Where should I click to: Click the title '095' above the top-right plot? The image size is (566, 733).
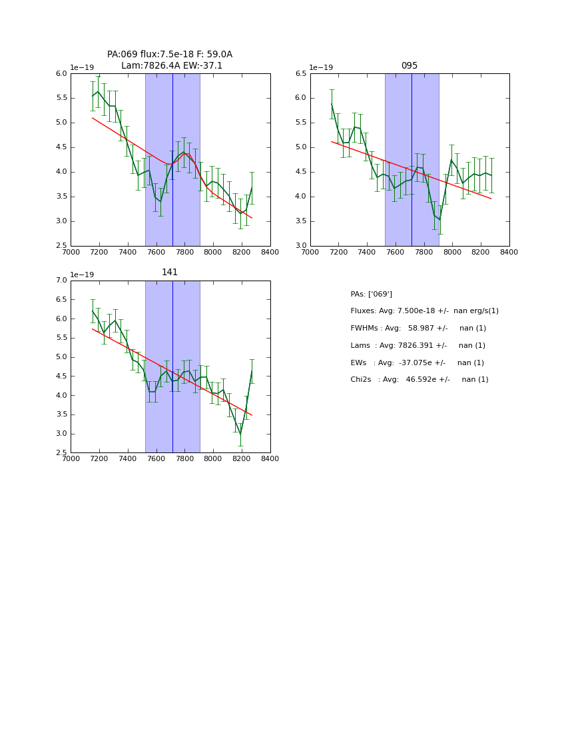click(x=410, y=66)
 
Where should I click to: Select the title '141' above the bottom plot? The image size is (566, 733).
click(x=170, y=273)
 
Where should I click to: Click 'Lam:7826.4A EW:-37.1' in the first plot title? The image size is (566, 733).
click(x=172, y=66)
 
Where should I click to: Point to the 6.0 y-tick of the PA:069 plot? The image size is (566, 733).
click(x=61, y=73)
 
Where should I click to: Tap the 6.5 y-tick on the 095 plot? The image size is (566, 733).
click(x=301, y=73)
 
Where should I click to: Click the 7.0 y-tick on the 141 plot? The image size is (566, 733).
click(x=61, y=281)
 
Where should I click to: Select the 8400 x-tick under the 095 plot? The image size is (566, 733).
click(x=509, y=252)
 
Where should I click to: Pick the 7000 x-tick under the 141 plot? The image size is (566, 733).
click(x=71, y=458)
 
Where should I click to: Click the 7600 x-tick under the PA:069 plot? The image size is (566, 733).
click(x=156, y=252)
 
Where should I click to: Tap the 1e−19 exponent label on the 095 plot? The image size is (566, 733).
click(x=321, y=67)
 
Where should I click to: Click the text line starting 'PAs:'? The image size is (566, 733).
click(x=371, y=294)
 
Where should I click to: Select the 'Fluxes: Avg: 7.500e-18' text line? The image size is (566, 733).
click(x=424, y=311)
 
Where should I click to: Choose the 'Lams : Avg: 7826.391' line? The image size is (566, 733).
click(x=418, y=345)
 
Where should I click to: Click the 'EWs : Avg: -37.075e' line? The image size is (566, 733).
click(x=417, y=363)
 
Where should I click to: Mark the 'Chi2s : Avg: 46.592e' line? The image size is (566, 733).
click(x=419, y=380)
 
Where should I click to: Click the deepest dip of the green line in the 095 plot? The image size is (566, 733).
click(x=439, y=220)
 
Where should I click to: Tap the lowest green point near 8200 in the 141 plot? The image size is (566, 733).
click(x=240, y=434)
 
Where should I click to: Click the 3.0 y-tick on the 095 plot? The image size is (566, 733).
click(x=301, y=246)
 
